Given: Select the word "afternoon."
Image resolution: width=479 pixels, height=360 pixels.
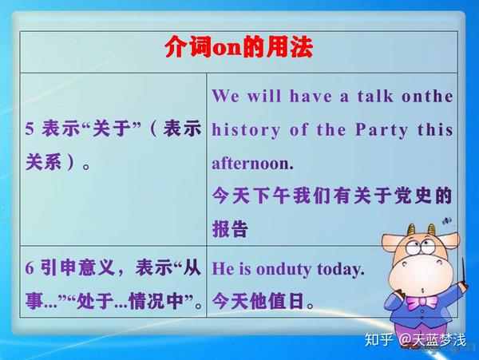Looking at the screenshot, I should coord(252,164).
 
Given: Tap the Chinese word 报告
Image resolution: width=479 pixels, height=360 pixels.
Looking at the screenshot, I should coord(230,229).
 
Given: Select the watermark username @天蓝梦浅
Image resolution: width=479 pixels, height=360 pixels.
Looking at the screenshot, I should coord(436,340).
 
